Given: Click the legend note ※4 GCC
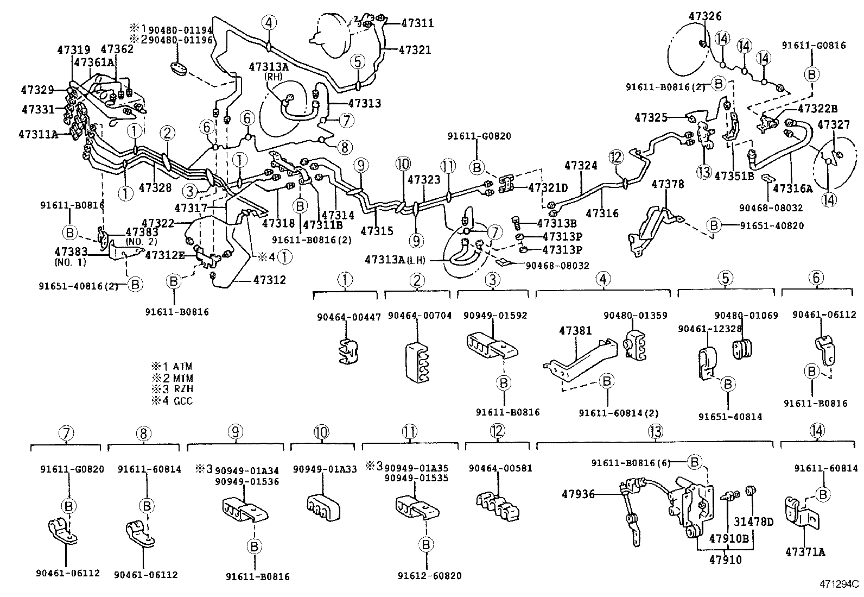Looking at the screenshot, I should pos(172,401).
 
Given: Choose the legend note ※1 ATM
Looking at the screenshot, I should pos(172,367).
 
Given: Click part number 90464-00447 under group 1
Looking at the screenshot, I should pos(349,316).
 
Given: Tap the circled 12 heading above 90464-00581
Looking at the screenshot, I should pos(497,431).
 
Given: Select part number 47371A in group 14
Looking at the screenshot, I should pos(805,552).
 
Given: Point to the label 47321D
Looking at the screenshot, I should pos(548,187).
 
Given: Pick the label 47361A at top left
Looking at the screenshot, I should pos(94,62).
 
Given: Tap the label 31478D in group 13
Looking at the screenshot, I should pos(754,521).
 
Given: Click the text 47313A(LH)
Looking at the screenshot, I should pos(395,260).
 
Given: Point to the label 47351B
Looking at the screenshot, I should pos(734,175).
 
